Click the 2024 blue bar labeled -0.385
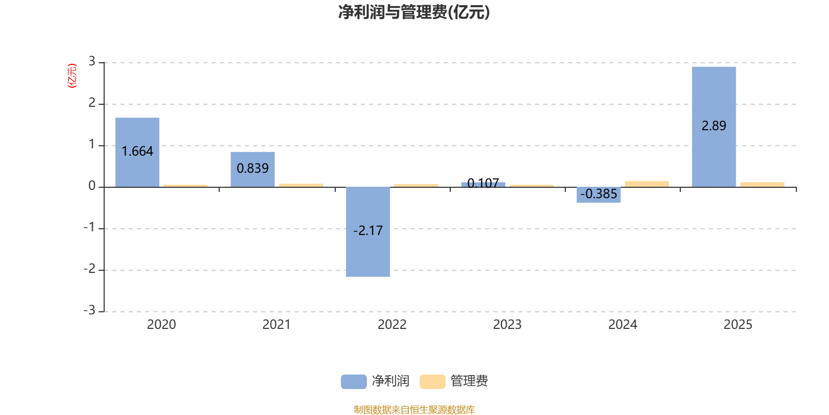coord(598,195)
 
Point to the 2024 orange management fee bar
coord(647,184)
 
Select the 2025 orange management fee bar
coord(762,184)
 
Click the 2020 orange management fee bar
coord(185,185)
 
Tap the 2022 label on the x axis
coord(392,324)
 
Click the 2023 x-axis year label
coord(507,324)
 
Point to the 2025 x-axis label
coord(738,324)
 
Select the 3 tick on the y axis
coord(92,62)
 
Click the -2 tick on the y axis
coord(90,269)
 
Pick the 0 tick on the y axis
coord(92,186)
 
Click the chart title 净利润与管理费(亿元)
coord(413,12)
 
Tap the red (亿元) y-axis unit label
coord(72,76)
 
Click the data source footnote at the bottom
coord(414,410)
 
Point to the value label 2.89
coord(713,126)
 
